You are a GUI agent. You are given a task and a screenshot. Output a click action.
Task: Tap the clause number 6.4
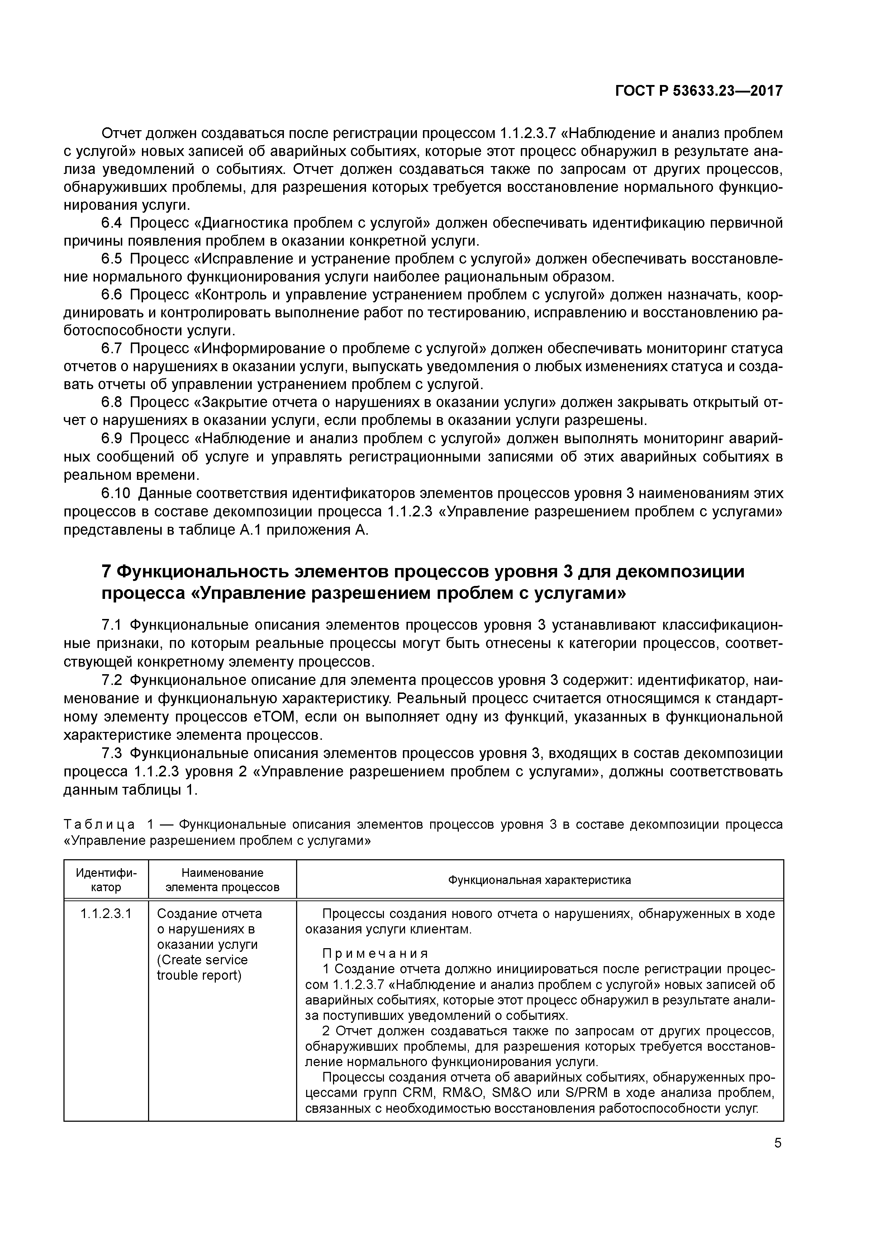coord(112,223)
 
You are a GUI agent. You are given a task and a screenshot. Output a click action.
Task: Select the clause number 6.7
coord(112,349)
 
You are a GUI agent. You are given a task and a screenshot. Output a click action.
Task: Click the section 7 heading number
coord(107,572)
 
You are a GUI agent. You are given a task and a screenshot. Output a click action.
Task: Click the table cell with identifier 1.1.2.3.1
coord(106,913)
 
